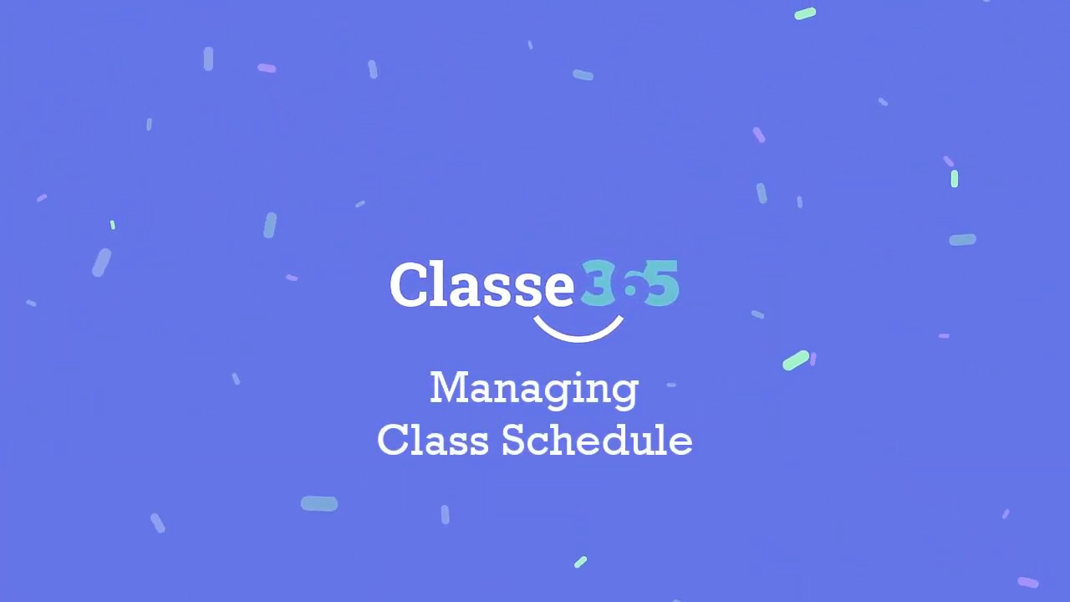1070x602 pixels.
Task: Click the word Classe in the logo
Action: click(481, 285)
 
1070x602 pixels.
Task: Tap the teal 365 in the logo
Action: click(629, 284)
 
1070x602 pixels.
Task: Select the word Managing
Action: click(534, 390)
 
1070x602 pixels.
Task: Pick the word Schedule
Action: click(597, 440)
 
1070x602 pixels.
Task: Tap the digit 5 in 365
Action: click(663, 283)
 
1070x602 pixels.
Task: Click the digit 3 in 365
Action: click(597, 284)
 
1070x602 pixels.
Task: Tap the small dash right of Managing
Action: click(671, 385)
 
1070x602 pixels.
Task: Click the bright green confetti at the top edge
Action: click(805, 13)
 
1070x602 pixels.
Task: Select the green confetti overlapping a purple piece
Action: click(795, 360)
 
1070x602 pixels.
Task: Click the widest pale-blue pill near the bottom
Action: click(319, 503)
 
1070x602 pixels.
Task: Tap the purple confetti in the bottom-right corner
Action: click(1028, 582)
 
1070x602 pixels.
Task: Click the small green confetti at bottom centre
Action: click(581, 562)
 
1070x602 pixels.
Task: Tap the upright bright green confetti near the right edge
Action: click(955, 178)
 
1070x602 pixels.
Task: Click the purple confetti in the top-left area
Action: click(267, 69)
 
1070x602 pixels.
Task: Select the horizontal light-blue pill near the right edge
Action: click(963, 240)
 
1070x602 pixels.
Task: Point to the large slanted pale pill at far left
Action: click(101, 263)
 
